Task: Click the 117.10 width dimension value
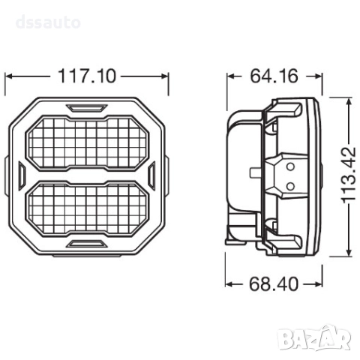click(x=89, y=76)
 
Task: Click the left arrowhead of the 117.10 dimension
click(x=9, y=76)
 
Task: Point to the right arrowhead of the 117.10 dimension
click(x=169, y=76)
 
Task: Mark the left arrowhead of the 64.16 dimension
click(x=229, y=76)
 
